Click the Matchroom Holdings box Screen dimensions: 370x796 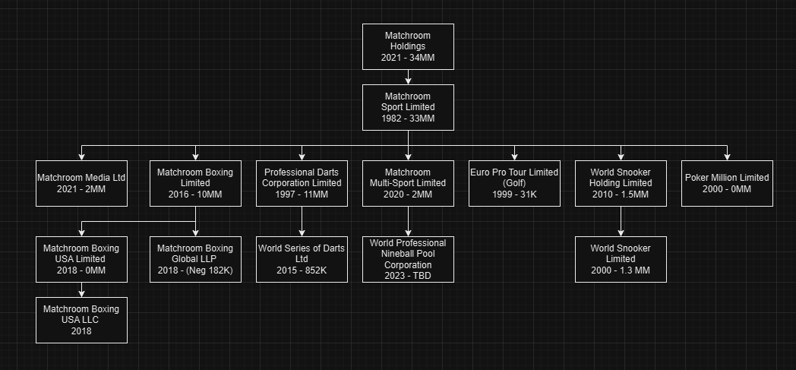click(x=408, y=46)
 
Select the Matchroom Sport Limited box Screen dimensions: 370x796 click(x=408, y=107)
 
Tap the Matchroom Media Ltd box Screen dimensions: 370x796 click(x=81, y=183)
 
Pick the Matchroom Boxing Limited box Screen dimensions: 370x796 click(x=195, y=183)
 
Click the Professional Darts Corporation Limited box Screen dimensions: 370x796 click(x=302, y=183)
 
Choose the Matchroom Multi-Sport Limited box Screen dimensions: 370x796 click(x=408, y=183)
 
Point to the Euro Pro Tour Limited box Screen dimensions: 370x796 click(x=514, y=183)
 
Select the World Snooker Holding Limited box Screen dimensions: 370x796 click(x=621, y=183)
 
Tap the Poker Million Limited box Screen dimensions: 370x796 click(x=727, y=183)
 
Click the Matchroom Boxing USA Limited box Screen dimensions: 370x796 click(x=81, y=259)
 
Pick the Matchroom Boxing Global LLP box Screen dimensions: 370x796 click(x=195, y=259)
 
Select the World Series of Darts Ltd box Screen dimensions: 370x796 click(x=302, y=259)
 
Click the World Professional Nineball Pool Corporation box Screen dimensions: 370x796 click(x=408, y=260)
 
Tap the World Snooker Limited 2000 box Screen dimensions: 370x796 click(x=621, y=259)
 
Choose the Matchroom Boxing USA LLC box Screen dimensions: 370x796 click(x=81, y=320)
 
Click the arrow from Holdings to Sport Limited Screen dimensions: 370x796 click(x=408, y=77)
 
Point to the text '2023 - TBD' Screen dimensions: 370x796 click(x=408, y=276)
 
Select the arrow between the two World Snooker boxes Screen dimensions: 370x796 click(x=621, y=221)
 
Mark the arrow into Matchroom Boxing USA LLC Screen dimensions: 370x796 click(x=81, y=289)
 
